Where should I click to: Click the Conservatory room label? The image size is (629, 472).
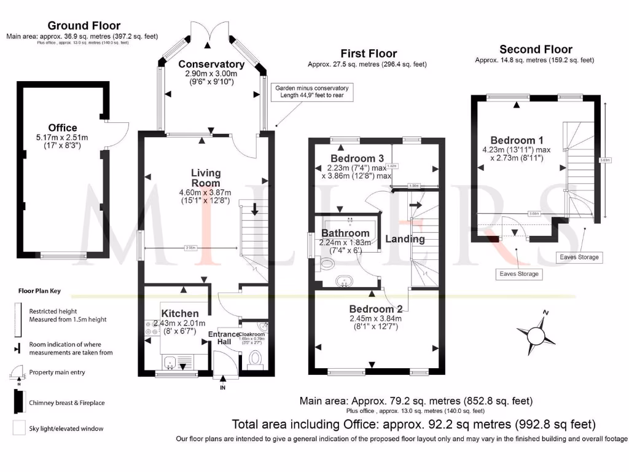[x=211, y=65]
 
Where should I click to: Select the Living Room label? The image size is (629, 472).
[x=206, y=178]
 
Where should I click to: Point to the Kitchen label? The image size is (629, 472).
[x=179, y=313]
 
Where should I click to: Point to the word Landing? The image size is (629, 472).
[x=405, y=239]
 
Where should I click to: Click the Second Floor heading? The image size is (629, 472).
[x=536, y=49]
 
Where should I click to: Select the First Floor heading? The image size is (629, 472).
[x=369, y=53]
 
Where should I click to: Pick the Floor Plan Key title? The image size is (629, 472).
[x=43, y=291]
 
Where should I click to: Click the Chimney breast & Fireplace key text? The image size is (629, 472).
[x=67, y=403]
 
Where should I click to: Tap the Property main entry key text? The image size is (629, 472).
[x=57, y=372]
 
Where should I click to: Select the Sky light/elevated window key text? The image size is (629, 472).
[x=66, y=428]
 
